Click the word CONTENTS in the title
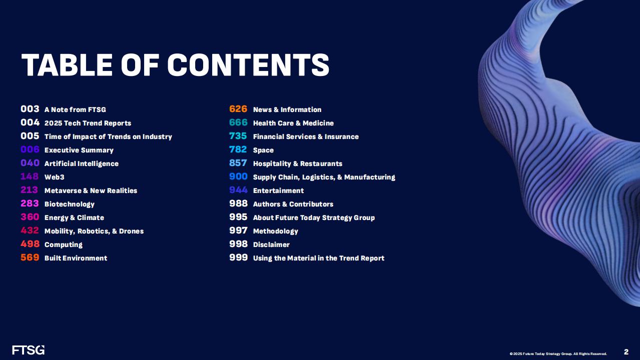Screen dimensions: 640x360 pos(248,65)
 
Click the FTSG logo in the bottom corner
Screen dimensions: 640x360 pos(29,350)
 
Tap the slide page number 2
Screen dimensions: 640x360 pos(626,351)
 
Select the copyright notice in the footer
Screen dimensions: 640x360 pos(558,354)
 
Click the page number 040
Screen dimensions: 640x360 pos(30,163)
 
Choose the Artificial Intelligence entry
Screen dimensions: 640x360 pos(82,163)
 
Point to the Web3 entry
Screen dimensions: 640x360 pos(54,177)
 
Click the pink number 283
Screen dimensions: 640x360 pos(30,203)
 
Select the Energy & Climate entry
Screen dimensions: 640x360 pos(74,217)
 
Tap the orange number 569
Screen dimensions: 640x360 pos(30,257)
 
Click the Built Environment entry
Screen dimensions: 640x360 pos(76,258)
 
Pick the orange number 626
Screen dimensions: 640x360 pos(238,109)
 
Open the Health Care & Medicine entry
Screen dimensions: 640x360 pos(293,123)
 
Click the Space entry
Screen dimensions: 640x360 pos(263,150)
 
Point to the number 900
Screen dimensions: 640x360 pos(238,176)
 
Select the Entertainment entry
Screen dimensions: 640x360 pos(279,190)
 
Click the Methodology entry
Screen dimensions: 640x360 pos(276,231)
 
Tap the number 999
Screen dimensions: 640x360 pos(239,257)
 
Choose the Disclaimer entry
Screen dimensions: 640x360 pos(271,244)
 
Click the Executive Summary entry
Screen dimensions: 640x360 pos(79,150)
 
